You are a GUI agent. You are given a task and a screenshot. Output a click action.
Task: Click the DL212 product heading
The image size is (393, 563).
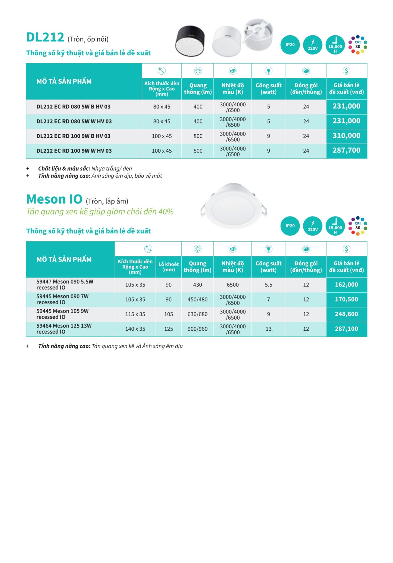[x=45, y=37]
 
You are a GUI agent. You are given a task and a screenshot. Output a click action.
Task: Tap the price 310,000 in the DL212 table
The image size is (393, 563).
[x=346, y=136]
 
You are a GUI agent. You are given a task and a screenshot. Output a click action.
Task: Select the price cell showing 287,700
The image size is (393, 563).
[x=346, y=151]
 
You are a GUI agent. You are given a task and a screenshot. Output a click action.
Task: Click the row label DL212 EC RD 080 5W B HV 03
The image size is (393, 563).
[x=73, y=107]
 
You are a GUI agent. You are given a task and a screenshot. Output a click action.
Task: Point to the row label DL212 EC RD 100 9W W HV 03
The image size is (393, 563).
[x=74, y=151]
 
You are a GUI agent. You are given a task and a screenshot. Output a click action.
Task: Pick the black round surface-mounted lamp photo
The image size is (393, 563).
[x=190, y=41]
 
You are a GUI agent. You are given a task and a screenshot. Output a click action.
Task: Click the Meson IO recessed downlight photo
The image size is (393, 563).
[x=233, y=205]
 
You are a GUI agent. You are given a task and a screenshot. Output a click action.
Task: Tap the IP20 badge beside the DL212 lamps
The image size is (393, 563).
[x=290, y=45]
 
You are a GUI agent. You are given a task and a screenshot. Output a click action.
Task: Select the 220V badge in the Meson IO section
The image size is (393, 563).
[x=313, y=226]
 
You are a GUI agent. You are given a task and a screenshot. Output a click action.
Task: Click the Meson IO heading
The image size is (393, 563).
[x=54, y=199]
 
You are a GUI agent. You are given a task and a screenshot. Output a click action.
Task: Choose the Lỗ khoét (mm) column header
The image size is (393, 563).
[x=169, y=267]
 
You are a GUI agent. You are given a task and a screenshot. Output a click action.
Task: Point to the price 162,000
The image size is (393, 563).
[x=346, y=285]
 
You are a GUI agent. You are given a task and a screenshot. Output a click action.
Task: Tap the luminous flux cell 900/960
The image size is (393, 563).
[x=197, y=329]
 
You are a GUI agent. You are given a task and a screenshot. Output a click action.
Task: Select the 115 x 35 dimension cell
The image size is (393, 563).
[x=135, y=314]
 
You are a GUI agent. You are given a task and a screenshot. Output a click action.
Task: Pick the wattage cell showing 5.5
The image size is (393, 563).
[x=268, y=285]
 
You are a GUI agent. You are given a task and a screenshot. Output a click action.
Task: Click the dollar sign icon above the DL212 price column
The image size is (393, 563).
[x=346, y=71]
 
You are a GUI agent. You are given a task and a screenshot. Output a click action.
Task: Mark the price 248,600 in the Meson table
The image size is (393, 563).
[x=346, y=314]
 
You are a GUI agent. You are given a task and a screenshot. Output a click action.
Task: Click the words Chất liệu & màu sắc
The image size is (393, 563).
[x=64, y=169]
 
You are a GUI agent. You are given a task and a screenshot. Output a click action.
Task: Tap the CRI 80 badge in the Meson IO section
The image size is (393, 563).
[x=358, y=226]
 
